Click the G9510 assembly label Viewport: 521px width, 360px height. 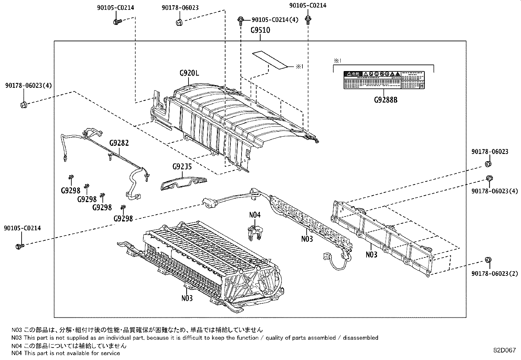point(260,30)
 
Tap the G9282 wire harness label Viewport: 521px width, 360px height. point(119,143)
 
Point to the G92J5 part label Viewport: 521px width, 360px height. point(182,167)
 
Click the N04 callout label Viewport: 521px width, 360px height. point(255,215)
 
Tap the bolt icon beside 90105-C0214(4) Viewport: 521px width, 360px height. point(241,20)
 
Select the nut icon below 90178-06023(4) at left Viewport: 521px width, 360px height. point(23,105)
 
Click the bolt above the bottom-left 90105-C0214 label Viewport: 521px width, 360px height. point(19,246)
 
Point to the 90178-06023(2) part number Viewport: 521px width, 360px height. point(494,273)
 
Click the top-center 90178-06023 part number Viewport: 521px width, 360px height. point(180,8)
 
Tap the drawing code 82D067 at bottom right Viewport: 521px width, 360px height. point(505,350)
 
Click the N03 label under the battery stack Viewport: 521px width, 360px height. point(187,298)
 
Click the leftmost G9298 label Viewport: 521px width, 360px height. point(70,191)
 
